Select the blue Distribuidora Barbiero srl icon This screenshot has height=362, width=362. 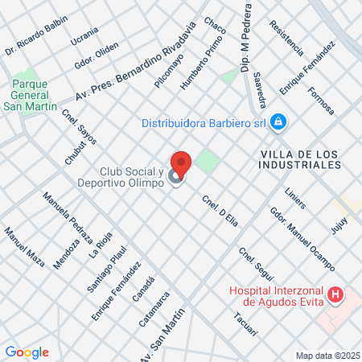click(x=278, y=122)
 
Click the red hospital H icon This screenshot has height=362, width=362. click(x=336, y=297)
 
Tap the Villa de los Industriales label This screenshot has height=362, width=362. click(x=300, y=158)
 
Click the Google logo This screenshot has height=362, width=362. click(x=27, y=352)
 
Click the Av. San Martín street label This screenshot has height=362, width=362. click(x=167, y=330)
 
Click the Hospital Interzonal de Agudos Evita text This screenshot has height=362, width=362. click(x=276, y=297)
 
